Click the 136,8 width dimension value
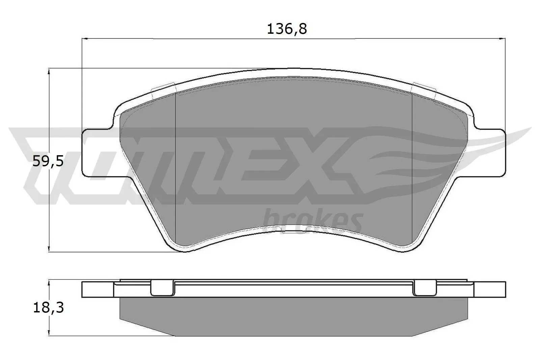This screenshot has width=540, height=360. pos(287,30)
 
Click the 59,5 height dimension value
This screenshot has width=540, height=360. pos(48,162)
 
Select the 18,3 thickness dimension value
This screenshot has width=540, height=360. pos(48,308)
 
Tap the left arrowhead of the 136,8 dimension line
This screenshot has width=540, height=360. pos(85,39)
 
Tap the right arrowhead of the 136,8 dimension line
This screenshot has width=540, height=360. pos(502,39)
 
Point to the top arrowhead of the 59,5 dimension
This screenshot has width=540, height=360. pos(49,71)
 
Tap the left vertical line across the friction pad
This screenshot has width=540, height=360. pos(176,169)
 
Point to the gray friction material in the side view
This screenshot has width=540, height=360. pos(294,315)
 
